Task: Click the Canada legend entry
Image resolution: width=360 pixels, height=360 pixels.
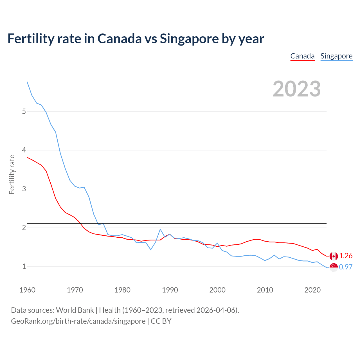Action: (302, 56)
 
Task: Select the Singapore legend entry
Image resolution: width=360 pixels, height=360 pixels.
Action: (336, 56)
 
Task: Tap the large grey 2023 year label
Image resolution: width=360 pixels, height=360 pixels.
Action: (297, 89)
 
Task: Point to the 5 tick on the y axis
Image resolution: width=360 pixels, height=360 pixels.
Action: (24, 111)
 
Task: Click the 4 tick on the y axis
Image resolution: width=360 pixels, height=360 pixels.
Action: (24, 150)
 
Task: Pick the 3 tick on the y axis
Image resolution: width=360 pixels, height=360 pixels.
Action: (24, 189)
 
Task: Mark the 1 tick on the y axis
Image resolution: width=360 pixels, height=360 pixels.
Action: (24, 266)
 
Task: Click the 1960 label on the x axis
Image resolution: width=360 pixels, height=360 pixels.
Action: (27, 290)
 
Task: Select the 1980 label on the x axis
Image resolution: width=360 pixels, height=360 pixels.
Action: (122, 290)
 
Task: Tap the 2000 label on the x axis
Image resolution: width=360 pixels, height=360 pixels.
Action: (217, 290)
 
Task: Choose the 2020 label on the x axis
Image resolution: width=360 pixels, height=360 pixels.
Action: (312, 290)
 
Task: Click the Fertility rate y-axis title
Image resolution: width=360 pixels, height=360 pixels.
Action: (12, 174)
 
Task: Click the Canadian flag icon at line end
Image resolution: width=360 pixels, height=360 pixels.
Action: (334, 256)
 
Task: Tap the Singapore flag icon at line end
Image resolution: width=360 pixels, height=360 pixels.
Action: (334, 267)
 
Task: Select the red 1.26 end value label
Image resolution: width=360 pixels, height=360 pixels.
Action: (346, 256)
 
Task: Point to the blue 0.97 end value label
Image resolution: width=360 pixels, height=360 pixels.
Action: (346, 267)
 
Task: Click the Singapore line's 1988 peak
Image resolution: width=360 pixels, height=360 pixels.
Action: (160, 229)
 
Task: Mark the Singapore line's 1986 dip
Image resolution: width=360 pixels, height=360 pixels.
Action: (151, 249)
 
